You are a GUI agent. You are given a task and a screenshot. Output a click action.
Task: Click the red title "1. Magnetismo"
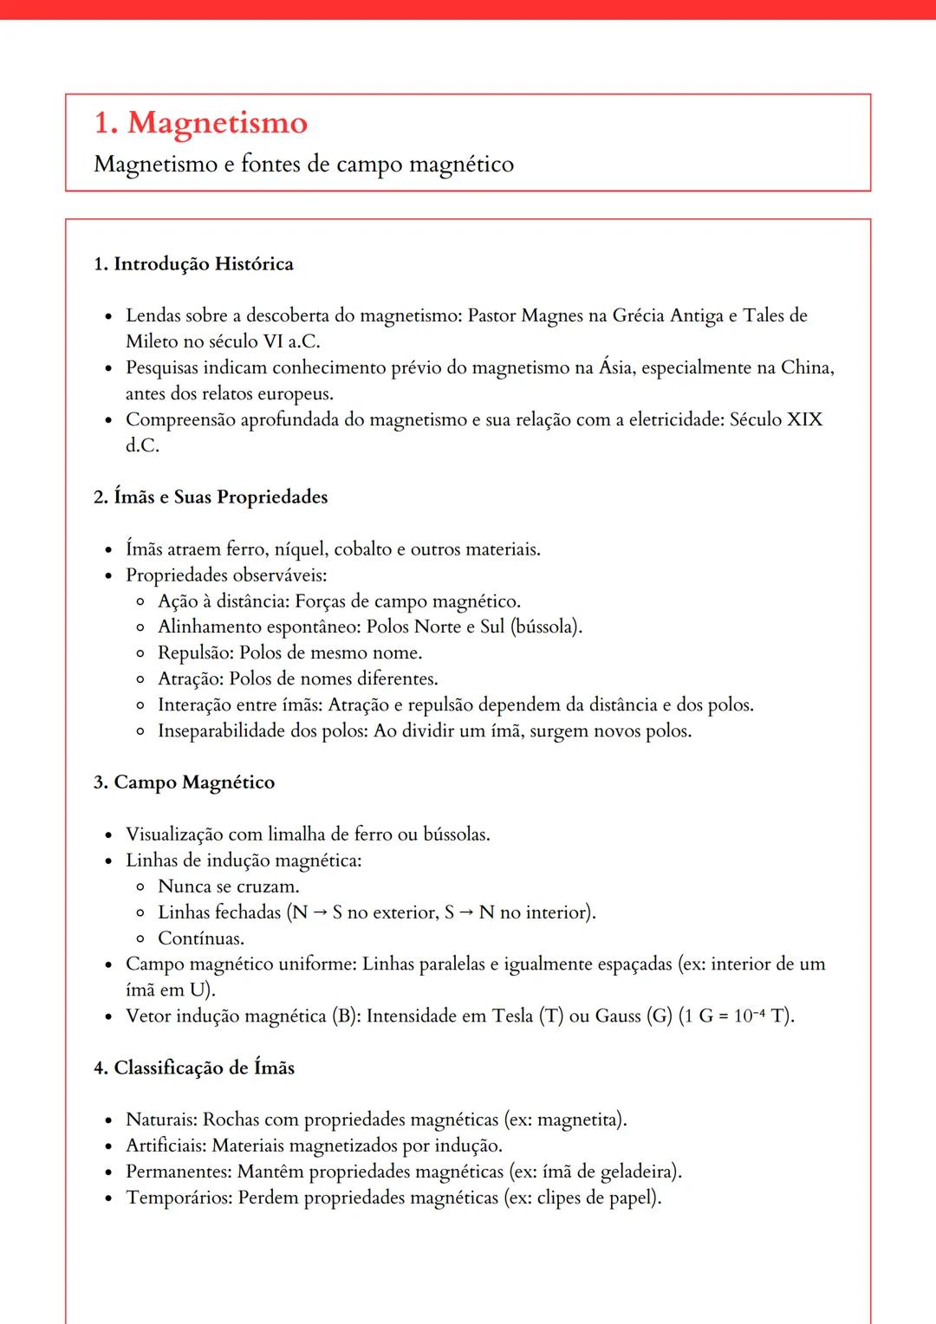200,123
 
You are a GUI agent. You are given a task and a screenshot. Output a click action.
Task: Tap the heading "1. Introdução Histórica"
193,264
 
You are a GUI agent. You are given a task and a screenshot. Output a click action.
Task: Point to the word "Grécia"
640,315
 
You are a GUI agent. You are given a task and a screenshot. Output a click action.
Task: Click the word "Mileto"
153,341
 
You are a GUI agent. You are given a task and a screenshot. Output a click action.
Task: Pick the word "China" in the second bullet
805,367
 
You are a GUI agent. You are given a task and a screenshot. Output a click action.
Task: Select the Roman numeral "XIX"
803,419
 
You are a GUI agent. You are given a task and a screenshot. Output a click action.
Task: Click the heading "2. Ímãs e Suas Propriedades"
211,497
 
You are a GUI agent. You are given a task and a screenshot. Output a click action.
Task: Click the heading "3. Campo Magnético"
184,782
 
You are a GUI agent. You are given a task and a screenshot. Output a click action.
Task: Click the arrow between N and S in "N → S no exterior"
321,912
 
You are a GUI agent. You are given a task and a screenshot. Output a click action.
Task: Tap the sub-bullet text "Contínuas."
201,938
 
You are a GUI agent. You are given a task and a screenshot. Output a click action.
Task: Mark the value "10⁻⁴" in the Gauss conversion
750,1016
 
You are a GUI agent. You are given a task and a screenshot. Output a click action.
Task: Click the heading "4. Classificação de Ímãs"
194,1068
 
